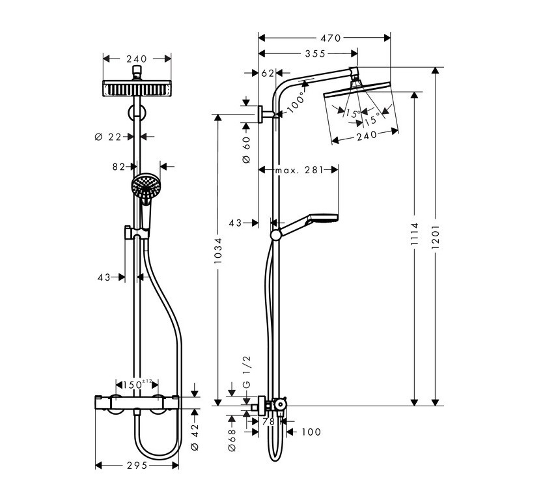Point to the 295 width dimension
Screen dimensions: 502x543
(136, 465)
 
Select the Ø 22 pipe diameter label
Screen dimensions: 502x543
(108, 137)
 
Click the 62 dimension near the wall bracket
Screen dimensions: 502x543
(267, 74)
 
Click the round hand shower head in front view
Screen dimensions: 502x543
(146, 187)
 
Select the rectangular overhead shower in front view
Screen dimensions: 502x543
(137, 89)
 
